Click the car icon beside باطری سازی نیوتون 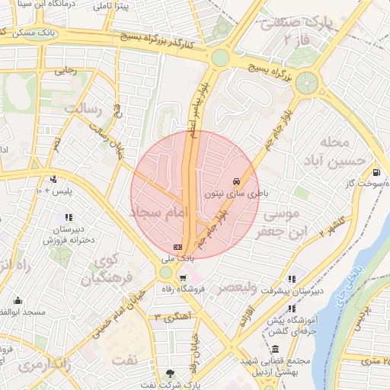coord(237,182)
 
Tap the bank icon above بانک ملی coord(177,247)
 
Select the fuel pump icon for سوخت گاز coord(378,172)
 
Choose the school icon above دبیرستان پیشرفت coord(292,279)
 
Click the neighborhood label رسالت coord(83,109)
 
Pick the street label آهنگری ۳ coord(171,316)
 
